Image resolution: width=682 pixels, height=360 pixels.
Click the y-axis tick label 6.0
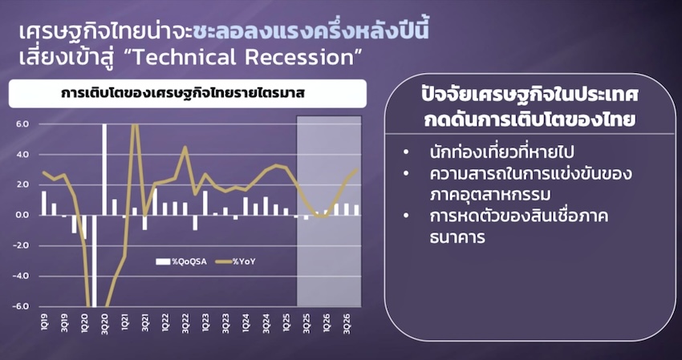click(22, 124)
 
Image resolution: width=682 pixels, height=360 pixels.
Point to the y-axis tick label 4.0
click(22, 155)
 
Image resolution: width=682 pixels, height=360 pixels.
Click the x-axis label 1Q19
click(45, 326)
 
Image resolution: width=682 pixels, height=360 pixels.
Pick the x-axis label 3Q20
click(105, 326)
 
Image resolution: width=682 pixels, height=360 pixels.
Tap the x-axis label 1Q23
click(205, 326)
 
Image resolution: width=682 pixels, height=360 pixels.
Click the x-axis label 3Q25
click(306, 326)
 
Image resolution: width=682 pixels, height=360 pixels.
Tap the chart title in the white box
click(182, 94)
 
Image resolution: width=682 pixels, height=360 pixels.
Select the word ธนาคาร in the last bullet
click(457, 238)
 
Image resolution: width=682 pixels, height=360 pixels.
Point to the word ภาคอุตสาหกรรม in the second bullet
click(489, 195)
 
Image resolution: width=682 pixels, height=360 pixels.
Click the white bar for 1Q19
click(44, 203)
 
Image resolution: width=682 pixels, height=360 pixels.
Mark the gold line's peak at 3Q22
click(185, 147)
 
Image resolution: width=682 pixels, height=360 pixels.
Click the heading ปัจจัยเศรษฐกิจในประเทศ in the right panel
click(530, 95)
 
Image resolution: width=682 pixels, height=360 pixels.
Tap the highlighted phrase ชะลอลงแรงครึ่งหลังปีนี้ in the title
click(311, 33)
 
